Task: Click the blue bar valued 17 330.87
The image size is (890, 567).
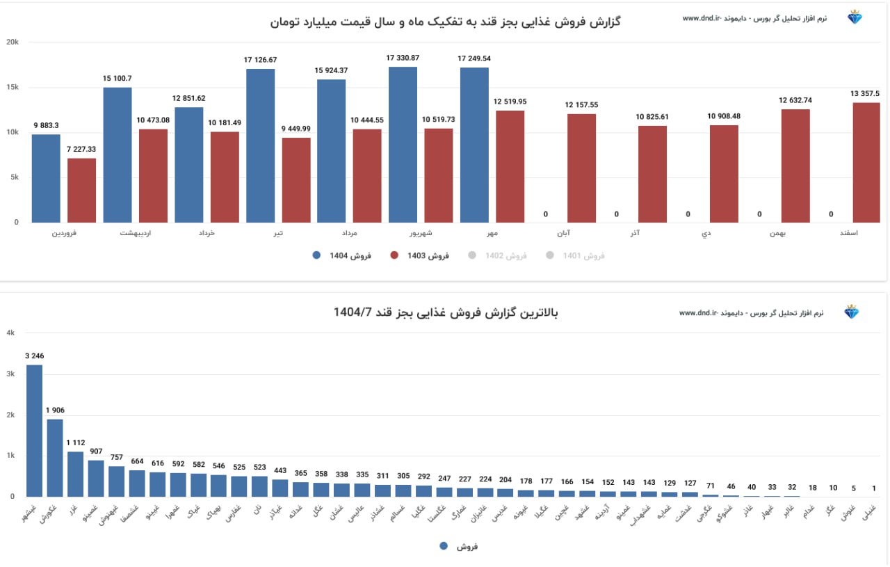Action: click(403, 145)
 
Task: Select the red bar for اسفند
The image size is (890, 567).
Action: click(866, 163)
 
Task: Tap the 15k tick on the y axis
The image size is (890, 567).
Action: click(12, 87)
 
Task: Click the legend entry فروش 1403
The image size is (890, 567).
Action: click(420, 255)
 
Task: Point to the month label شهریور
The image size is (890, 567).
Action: click(420, 234)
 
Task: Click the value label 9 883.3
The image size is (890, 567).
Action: click(46, 125)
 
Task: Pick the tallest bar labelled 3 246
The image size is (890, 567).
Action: click(35, 430)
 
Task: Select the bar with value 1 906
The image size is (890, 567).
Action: click(55, 457)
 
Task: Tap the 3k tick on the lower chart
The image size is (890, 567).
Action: click(10, 374)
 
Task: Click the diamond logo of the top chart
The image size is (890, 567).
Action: click(854, 17)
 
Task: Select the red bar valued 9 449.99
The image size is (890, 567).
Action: click(296, 180)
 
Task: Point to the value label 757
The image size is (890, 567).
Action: click(116, 457)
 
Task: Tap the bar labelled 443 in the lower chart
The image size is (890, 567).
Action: click(280, 488)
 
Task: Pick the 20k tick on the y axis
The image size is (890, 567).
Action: click(12, 42)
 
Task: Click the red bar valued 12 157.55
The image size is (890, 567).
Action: click(581, 168)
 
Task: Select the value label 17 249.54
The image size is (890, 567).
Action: click(474, 58)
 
